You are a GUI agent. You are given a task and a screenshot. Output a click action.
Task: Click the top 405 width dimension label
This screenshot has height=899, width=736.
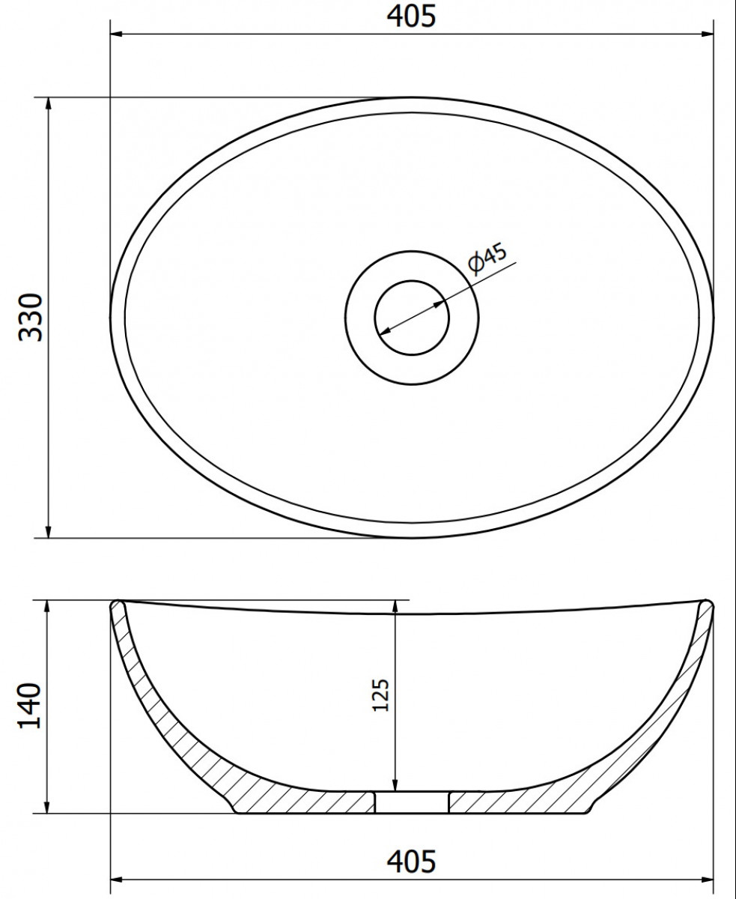[x=411, y=16]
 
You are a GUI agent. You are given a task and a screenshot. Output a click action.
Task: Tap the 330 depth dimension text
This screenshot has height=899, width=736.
[x=31, y=318]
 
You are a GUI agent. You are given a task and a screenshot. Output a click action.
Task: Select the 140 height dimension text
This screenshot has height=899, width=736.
[x=29, y=706]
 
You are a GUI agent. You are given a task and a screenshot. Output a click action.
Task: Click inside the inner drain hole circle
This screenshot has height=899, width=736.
[x=412, y=318]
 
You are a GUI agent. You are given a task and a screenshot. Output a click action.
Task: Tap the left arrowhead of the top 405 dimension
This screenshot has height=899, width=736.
[x=117, y=34]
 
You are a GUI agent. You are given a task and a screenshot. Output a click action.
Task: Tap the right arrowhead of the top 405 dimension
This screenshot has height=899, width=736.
[x=707, y=34]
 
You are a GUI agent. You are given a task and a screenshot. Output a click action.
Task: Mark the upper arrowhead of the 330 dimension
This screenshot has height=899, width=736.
[x=48, y=104]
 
